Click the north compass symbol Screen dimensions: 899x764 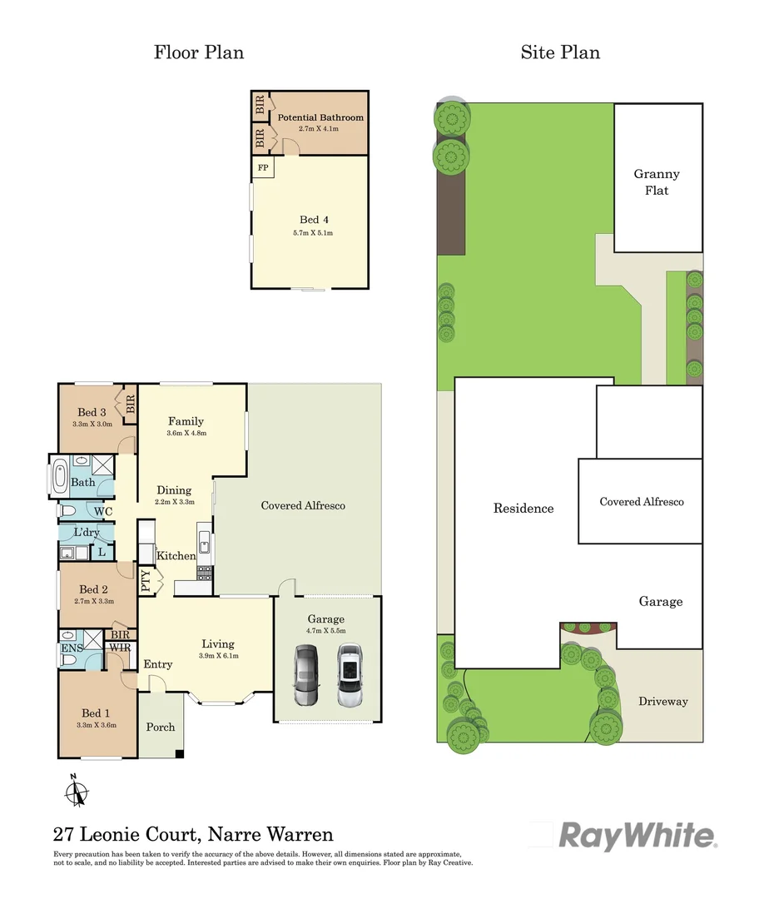point(76,791)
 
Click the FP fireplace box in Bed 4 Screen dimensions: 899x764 point(263,167)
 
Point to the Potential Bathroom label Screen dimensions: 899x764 point(320,117)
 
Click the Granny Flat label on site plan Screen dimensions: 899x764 point(657,182)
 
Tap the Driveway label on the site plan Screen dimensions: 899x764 point(663,701)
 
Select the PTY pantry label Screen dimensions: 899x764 point(146,580)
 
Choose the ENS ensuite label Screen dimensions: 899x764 point(71,648)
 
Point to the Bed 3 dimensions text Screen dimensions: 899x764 point(91,424)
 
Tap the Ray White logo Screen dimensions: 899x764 point(637,835)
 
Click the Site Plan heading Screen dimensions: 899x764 point(560,52)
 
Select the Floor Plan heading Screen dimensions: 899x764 point(199,52)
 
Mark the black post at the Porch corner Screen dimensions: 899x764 point(179,754)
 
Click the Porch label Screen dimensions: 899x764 point(161,727)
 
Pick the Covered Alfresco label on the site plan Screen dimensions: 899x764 point(642,502)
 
